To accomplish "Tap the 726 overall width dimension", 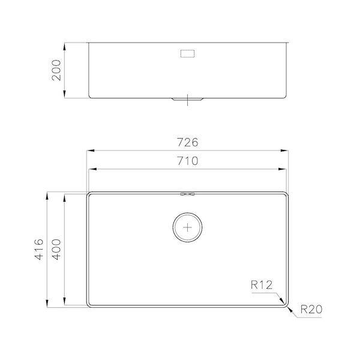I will (x=188, y=143).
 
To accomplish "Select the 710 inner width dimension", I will (x=188, y=161).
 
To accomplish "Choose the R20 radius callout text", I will (x=310, y=310).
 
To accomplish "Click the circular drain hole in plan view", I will (x=188, y=227).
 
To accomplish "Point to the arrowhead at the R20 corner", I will (x=289, y=307).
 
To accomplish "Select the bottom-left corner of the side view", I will (x=90, y=97).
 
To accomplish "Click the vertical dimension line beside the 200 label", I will (x=65, y=71).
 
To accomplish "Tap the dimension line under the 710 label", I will (x=188, y=169).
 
